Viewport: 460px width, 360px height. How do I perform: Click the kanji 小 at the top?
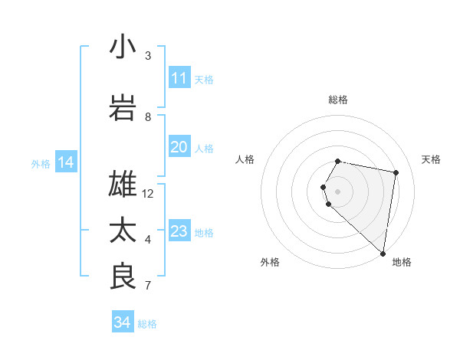pyautogui.click(x=123, y=47)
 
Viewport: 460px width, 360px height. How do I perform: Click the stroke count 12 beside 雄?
pyautogui.click(x=148, y=194)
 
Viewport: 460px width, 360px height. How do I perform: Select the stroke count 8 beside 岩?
pyautogui.click(x=148, y=117)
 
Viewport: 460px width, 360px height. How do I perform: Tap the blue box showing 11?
pyautogui.click(x=179, y=78)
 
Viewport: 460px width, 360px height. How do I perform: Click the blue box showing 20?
pyautogui.click(x=179, y=147)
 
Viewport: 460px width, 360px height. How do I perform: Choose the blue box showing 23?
pyautogui.click(x=179, y=231)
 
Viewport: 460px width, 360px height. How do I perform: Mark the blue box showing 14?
pyautogui.click(x=65, y=162)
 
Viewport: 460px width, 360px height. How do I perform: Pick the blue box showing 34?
pyautogui.click(x=122, y=322)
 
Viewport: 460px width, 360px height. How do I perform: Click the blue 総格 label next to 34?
pyautogui.click(x=147, y=324)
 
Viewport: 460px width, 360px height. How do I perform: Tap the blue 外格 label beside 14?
pyautogui.click(x=41, y=163)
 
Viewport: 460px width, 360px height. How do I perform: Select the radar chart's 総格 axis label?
pyautogui.click(x=338, y=100)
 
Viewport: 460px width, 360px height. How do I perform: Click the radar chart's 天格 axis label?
pyautogui.click(x=432, y=159)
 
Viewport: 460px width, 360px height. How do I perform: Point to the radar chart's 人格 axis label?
pyautogui.click(x=245, y=159)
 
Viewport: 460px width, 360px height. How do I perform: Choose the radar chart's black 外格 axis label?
pyautogui.click(x=270, y=262)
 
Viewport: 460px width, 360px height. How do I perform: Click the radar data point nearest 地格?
pyautogui.click(x=383, y=253)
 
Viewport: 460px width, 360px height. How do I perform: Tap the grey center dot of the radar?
pyautogui.click(x=338, y=191)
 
